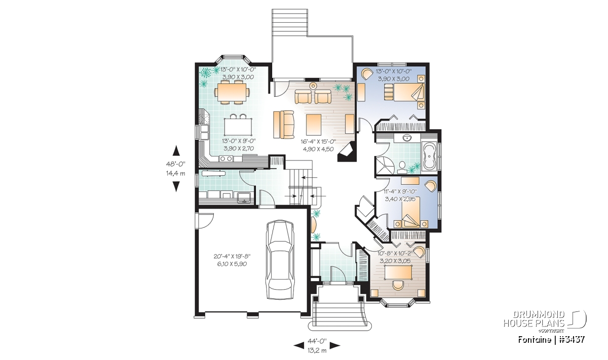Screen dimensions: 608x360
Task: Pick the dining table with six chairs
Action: tap(232, 93)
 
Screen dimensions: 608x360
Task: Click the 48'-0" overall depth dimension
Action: tap(176, 164)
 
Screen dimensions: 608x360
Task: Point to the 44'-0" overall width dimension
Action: tap(317, 341)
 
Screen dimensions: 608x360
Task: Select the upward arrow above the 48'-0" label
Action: tap(176, 150)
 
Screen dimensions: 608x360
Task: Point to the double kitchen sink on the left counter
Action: tap(203, 132)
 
